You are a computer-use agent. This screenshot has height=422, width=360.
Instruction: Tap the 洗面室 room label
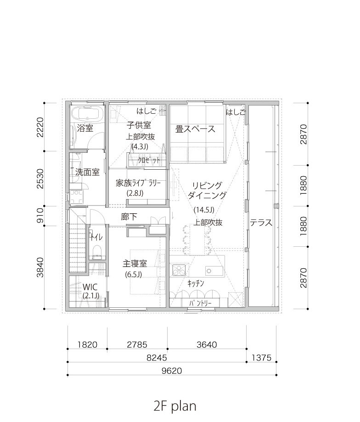pyautogui.click(x=87, y=172)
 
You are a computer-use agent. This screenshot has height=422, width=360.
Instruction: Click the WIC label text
pyautogui.click(x=90, y=287)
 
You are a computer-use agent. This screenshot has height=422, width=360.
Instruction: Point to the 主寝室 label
pyautogui.click(x=135, y=263)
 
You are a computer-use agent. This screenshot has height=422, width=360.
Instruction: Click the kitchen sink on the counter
pyautogui.click(x=214, y=271)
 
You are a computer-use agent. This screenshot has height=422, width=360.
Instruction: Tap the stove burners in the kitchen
pyautogui.click(x=179, y=270)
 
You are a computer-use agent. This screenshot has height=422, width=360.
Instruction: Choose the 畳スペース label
pyautogui.click(x=195, y=129)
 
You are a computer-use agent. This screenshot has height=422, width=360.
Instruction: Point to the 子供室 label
pyautogui.click(x=139, y=125)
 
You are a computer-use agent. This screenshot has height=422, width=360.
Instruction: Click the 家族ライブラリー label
pyautogui.click(x=138, y=183)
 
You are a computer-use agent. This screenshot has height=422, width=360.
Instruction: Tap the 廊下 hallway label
pyautogui.click(x=129, y=217)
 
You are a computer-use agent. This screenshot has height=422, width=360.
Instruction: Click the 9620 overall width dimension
pyautogui.click(x=172, y=371)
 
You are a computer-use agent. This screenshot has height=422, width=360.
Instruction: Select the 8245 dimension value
pyautogui.click(x=157, y=358)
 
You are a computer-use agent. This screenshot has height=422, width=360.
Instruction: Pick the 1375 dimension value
pyautogui.click(x=261, y=358)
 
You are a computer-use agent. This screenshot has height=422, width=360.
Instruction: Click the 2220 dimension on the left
pyautogui.click(x=40, y=127)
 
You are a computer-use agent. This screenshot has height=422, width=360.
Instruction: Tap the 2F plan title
pyautogui.click(x=175, y=406)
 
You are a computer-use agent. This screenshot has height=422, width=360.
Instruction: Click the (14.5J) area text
pyautogui.click(x=204, y=210)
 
